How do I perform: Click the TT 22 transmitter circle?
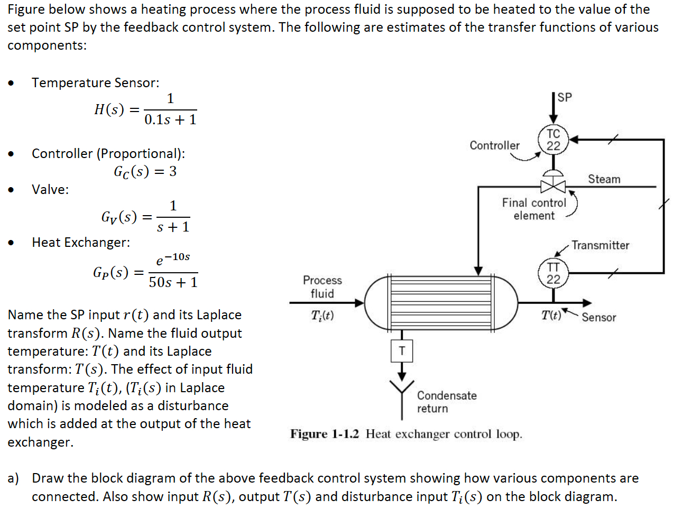(553, 273)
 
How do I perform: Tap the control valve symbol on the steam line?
(553, 186)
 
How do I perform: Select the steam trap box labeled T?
(402, 351)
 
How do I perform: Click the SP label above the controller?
(565, 97)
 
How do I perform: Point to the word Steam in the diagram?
(604, 179)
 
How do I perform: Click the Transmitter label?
(600, 245)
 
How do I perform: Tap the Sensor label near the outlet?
(598, 317)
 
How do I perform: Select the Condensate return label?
(447, 402)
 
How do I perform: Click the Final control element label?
(534, 209)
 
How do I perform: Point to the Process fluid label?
(322, 286)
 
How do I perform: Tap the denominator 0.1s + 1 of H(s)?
(170, 120)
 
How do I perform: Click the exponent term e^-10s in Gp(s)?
(173, 259)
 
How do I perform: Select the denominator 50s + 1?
(173, 282)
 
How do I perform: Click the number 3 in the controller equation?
(173, 171)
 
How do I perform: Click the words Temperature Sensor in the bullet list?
(95, 83)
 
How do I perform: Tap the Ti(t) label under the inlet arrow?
(322, 316)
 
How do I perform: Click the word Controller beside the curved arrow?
(494, 145)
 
